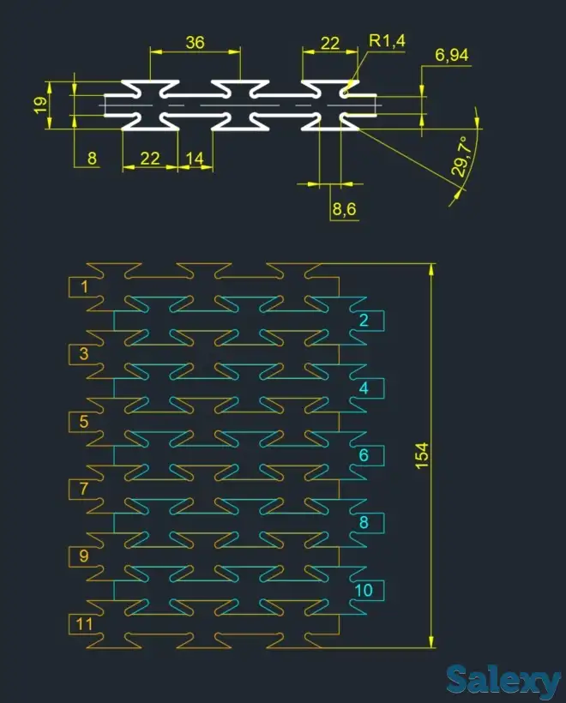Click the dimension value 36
[x=195, y=41]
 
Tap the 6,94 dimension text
[x=452, y=56]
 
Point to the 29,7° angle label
[x=464, y=157]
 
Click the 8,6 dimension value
[x=344, y=208]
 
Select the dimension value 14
[x=195, y=158]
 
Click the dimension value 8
[x=92, y=158]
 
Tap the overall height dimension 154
[x=421, y=455]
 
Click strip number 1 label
[x=83, y=286]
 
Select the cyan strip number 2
[x=364, y=321]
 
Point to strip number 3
[x=83, y=353]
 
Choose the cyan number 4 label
[x=364, y=388]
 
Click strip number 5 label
[x=83, y=421]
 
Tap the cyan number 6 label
[x=364, y=455]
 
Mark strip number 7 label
[x=83, y=489]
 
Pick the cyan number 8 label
[x=364, y=522]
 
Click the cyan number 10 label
[x=364, y=590]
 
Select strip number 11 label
[x=83, y=623]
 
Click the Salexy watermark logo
[x=503, y=682]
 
